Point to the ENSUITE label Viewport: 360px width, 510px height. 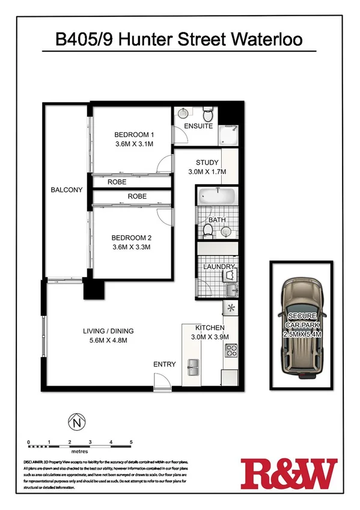click(x=198, y=126)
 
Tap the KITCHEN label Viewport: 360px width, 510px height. click(x=209, y=328)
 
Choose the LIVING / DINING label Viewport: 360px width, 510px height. click(x=108, y=331)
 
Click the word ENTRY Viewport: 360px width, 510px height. click(x=165, y=364)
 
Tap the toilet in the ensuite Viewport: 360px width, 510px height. click(x=208, y=114)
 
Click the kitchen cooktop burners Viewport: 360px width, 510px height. click(x=231, y=352)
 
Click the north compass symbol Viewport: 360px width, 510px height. click(x=76, y=422)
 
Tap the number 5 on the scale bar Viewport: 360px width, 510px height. click(x=131, y=442)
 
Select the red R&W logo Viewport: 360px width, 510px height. click(x=288, y=473)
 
